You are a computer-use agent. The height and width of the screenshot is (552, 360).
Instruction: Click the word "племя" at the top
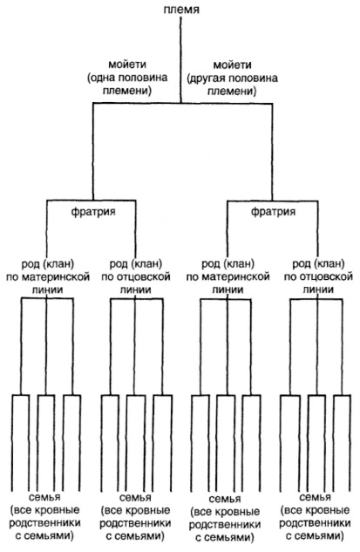pyautogui.click(x=181, y=9)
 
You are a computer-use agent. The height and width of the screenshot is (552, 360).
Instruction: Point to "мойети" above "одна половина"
pyautogui.click(x=127, y=65)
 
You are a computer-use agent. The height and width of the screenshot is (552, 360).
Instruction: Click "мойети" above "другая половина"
pyautogui.click(x=233, y=65)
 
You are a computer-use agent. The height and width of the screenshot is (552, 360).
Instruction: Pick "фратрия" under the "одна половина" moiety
pyautogui.click(x=93, y=212)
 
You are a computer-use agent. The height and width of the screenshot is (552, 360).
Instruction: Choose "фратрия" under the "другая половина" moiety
pyautogui.click(x=273, y=212)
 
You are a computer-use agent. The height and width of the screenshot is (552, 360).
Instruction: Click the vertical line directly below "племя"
pyautogui.click(x=181, y=60)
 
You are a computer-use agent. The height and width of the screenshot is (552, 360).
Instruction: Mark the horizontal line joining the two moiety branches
pyautogui.click(x=183, y=104)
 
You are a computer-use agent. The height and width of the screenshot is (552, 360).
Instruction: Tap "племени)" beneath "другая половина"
pyautogui.click(x=232, y=92)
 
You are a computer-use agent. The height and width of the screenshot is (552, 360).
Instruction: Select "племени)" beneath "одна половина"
pyautogui.click(x=127, y=91)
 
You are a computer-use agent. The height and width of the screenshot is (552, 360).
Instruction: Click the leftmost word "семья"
pyautogui.click(x=44, y=497)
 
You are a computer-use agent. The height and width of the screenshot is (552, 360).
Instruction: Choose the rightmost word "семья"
pyautogui.click(x=315, y=497)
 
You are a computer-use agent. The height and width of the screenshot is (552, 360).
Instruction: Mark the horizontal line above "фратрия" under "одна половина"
pyautogui.click(x=92, y=201)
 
